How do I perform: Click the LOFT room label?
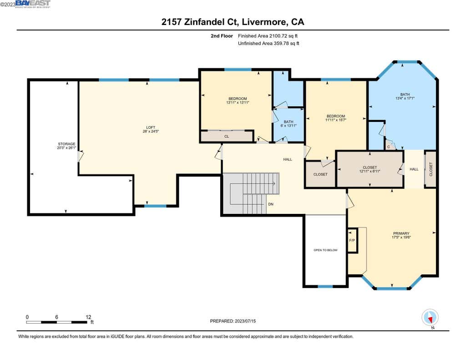tap(151, 127)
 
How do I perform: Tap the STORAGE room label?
tap(66, 144)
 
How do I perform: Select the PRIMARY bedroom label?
tap(401, 233)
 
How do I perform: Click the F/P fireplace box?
tap(352, 240)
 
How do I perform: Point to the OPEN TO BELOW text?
tap(325, 250)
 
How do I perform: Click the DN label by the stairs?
tap(271, 204)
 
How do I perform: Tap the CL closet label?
tap(227, 137)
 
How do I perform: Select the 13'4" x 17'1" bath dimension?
tap(405, 98)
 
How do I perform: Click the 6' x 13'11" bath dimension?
tap(288, 126)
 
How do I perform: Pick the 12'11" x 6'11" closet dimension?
tap(370, 171)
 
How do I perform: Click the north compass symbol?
tap(430, 318)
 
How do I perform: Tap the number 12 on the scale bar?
tap(88, 317)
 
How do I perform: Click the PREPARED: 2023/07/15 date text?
tap(233, 321)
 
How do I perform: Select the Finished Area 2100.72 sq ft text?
tap(268, 36)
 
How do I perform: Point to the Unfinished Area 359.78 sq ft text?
tap(268, 43)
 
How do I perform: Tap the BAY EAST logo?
tap(33, 4)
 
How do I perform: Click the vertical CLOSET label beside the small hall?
tap(431, 169)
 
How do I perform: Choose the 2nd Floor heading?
tap(222, 36)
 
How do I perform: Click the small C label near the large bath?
tap(389, 147)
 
